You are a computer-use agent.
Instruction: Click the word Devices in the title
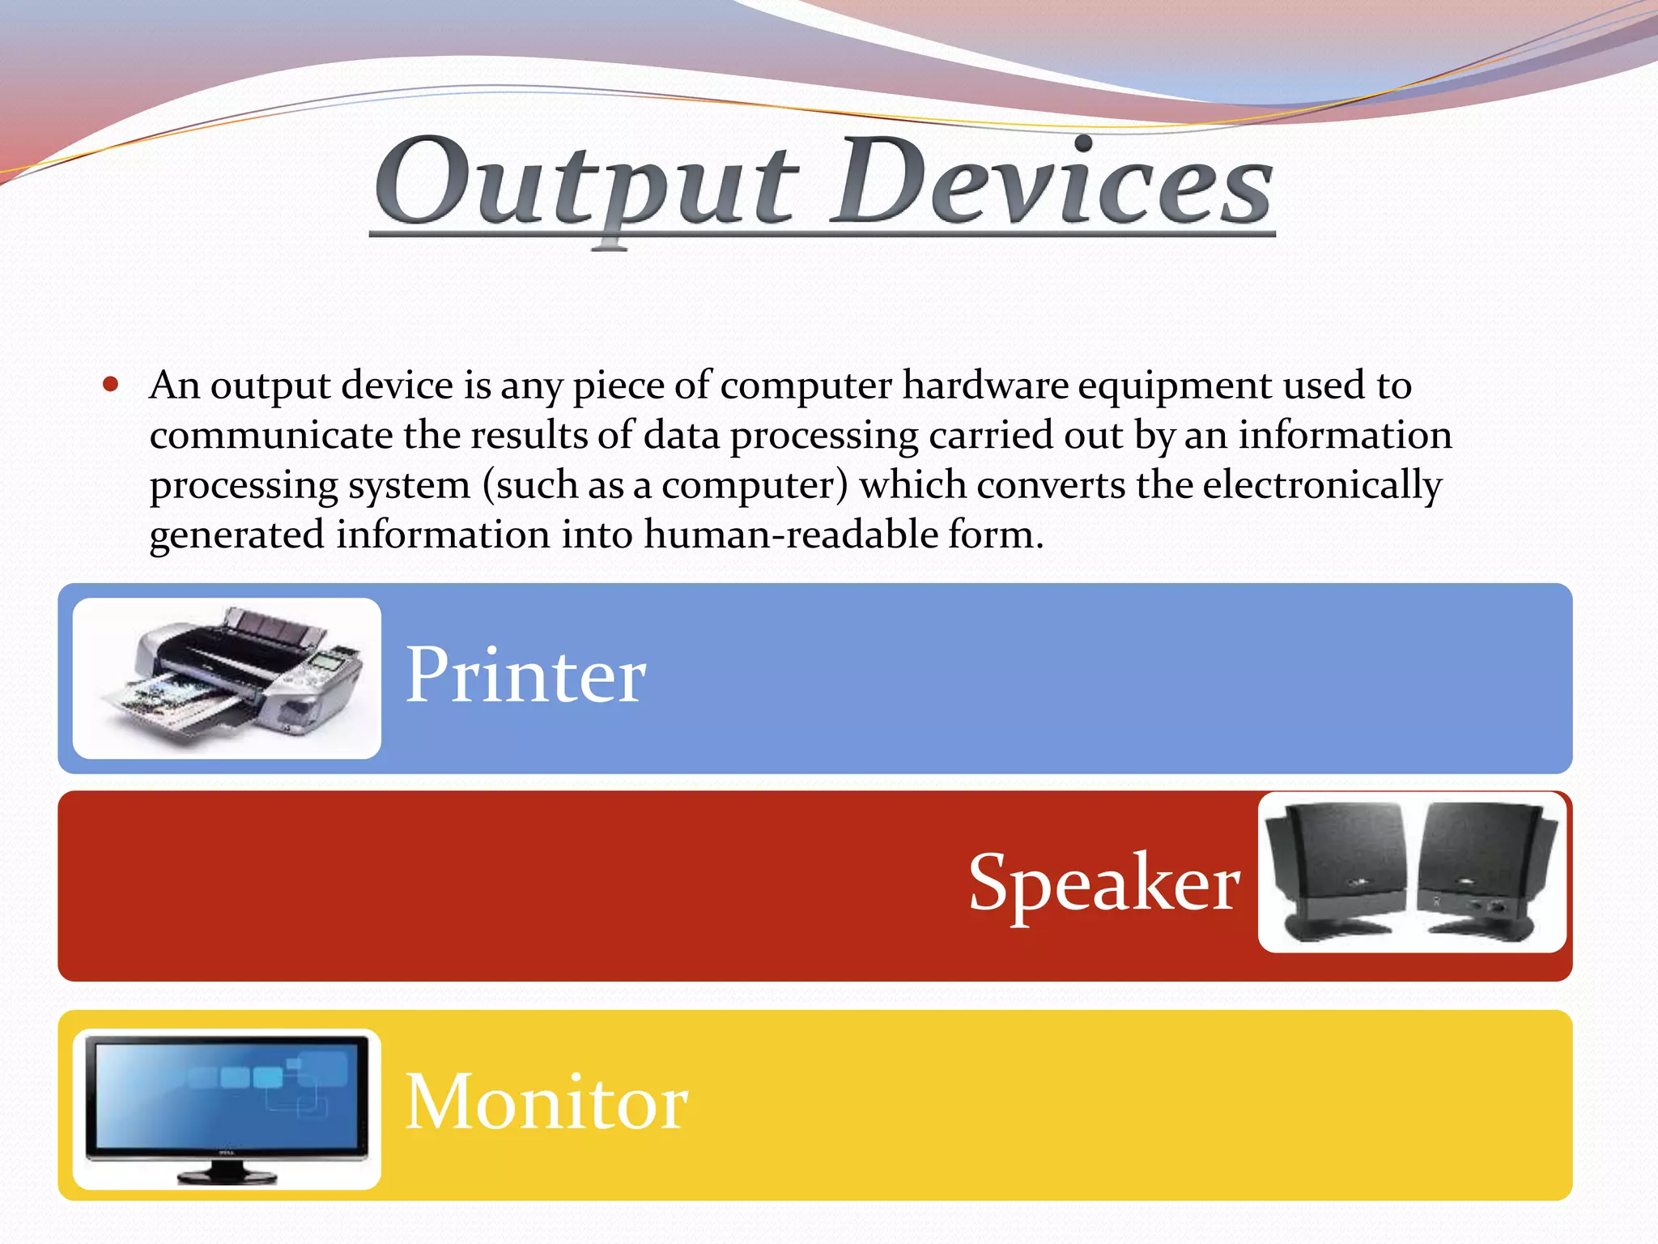[x=1052, y=185]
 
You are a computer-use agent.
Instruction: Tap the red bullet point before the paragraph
[x=112, y=385]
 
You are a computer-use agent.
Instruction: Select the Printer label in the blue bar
[x=525, y=675]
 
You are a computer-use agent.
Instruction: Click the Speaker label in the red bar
[x=1103, y=883]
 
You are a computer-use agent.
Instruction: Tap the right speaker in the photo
[x=1486, y=871]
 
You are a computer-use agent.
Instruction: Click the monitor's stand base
[x=227, y=1176]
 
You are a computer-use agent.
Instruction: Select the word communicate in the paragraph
[x=271, y=436]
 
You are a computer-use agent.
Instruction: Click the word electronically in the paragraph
[x=1321, y=486]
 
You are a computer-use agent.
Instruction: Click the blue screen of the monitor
[x=227, y=1093]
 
